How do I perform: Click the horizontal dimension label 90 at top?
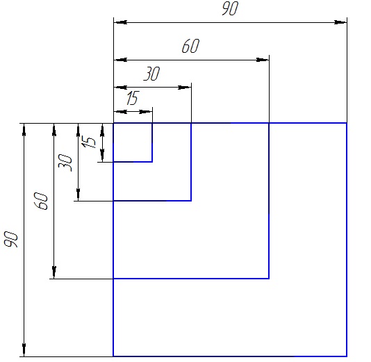(230, 8)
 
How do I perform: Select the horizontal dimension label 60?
(190, 46)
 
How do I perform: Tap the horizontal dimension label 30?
(151, 74)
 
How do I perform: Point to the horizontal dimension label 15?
(133, 98)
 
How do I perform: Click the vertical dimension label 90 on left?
(11, 240)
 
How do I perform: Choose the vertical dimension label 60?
(41, 201)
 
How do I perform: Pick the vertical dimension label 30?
(65, 163)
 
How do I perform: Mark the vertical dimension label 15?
(88, 142)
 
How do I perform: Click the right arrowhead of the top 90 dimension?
(340, 22)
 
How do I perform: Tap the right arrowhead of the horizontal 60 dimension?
(263, 60)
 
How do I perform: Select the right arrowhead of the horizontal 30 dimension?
(185, 88)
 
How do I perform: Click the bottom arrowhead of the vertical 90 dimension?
(24, 349)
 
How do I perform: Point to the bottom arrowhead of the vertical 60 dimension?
(54, 272)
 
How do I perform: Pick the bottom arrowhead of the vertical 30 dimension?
(78, 195)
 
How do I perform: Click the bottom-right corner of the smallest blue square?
(152, 162)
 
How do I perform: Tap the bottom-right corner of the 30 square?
(191, 201)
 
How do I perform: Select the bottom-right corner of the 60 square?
(269, 279)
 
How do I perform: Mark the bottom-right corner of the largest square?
(347, 356)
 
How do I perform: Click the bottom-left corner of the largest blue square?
(113, 356)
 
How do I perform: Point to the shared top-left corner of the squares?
(113, 123)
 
